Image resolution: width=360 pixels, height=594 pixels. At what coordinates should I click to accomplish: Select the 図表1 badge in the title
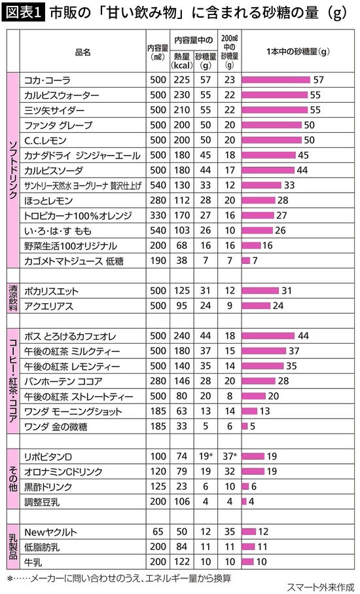point(22,12)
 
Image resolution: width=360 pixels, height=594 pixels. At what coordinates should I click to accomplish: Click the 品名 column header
point(82,51)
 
